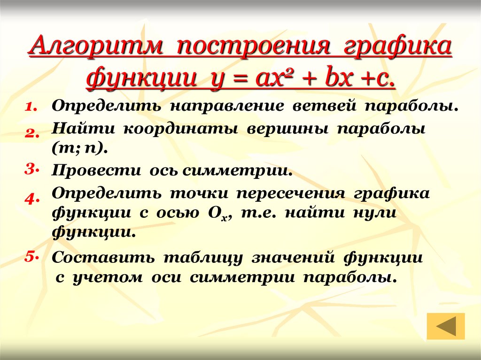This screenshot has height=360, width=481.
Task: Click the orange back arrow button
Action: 446,326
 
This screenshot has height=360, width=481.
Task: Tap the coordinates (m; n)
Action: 80,149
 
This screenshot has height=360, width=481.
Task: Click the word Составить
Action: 103,258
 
